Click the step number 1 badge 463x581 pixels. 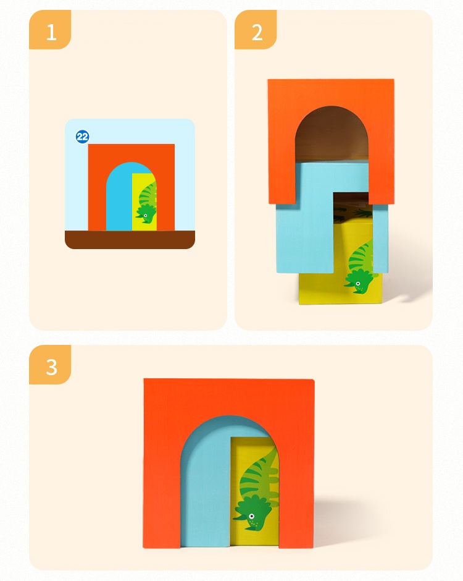[x=50, y=30]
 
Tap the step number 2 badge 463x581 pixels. [x=256, y=30]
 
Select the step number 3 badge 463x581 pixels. [x=50, y=365]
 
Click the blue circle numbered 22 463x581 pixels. [x=82, y=137]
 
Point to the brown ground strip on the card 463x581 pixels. [x=130, y=239]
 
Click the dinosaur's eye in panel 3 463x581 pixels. [x=252, y=516]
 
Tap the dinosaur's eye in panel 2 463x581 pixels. [x=358, y=284]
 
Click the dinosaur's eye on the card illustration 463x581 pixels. [x=146, y=216]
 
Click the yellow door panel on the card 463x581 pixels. [x=144, y=202]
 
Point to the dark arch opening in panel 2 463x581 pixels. [x=332, y=134]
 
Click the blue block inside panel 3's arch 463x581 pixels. [x=206, y=481]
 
